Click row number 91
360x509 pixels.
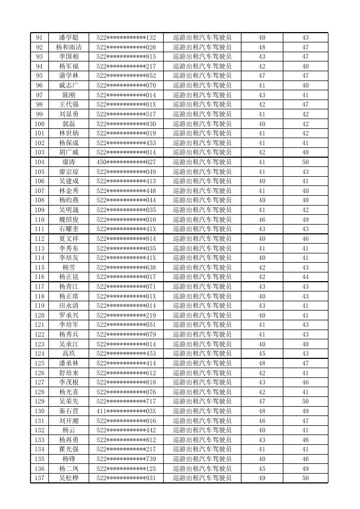click(x=39, y=38)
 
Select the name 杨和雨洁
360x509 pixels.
click(x=69, y=47)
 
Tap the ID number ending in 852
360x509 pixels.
click(x=126, y=76)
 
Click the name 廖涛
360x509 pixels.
click(x=69, y=162)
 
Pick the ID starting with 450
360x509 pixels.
click(x=126, y=162)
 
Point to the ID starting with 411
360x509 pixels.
click(x=126, y=411)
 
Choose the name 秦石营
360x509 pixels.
click(x=69, y=411)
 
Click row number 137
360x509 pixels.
click(x=39, y=478)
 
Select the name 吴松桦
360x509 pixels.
click(x=69, y=478)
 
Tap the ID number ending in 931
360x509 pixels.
click(x=126, y=478)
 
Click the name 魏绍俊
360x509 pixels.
click(x=69, y=220)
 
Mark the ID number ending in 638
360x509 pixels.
click(x=126, y=268)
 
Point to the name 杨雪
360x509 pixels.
click(x=69, y=268)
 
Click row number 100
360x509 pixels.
click(x=39, y=124)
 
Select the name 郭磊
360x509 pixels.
click(x=69, y=124)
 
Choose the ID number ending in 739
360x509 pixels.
click(x=126, y=459)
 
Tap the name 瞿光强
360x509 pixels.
click(x=69, y=449)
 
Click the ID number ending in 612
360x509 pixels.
click(x=126, y=373)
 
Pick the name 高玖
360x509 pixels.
click(x=69, y=353)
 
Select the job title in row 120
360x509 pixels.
click(x=202, y=315)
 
